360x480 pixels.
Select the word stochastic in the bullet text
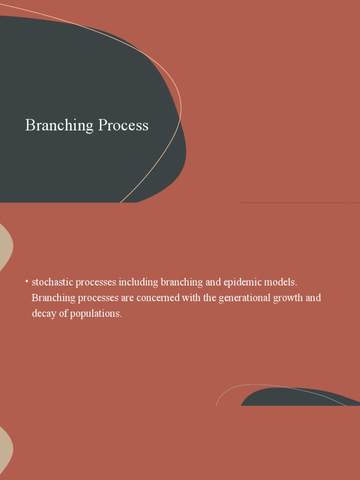pos(50,282)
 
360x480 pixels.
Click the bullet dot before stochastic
pos(27,281)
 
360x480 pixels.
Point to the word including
pos(138,282)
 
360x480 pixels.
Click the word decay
pos(44,314)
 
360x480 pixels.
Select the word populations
pos(96,314)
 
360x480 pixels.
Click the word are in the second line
pos(127,298)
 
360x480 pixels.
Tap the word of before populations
pos(63,314)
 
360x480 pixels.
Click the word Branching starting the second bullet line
pos(53,298)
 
